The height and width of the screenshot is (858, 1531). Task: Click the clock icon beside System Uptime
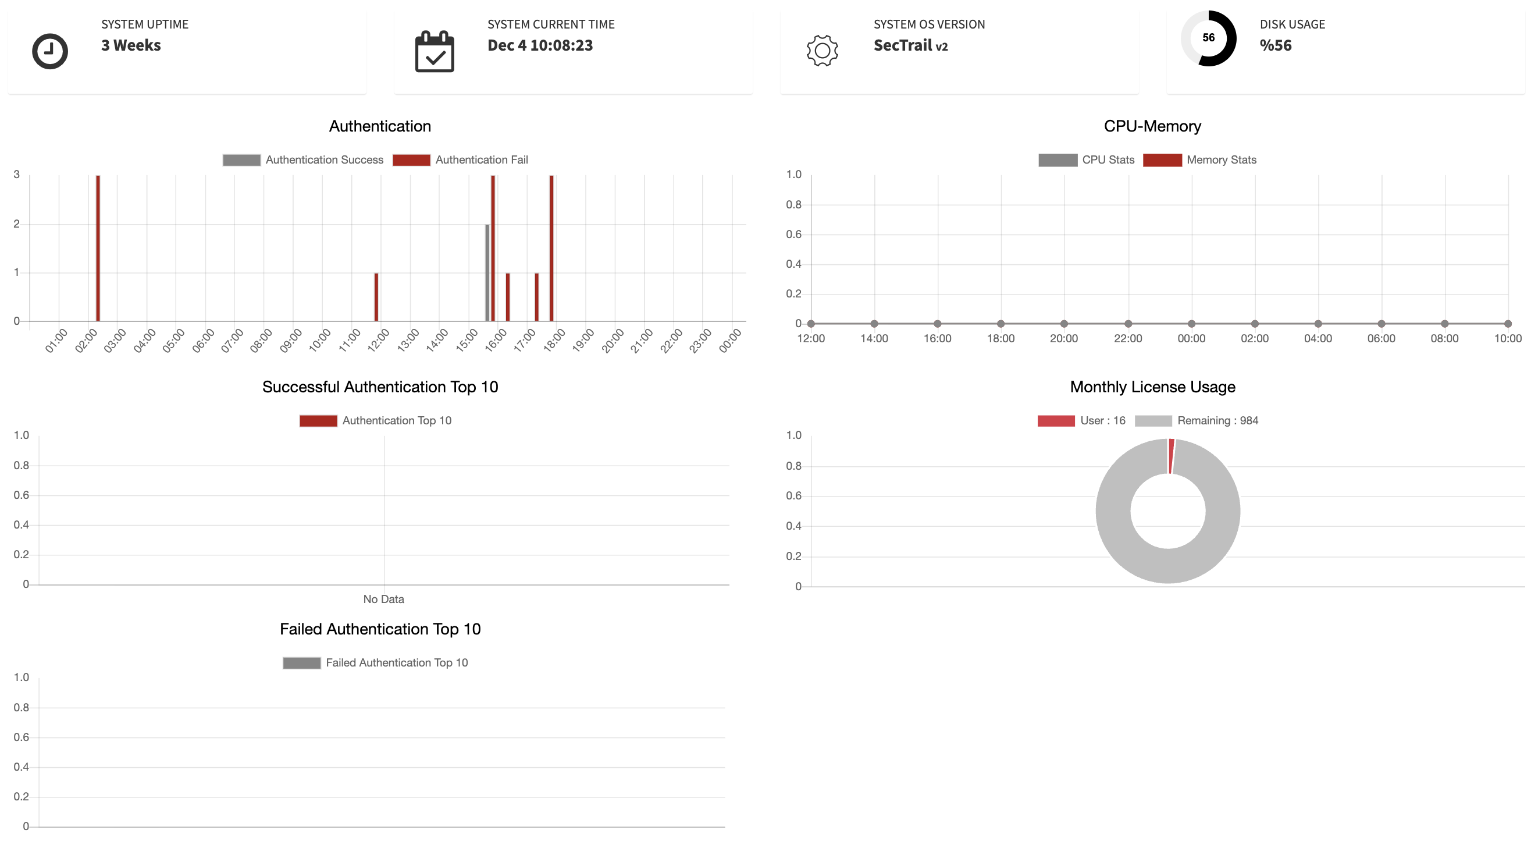[50, 51]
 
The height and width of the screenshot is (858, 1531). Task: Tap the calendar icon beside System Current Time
[435, 52]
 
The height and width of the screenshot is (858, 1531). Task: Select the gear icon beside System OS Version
[822, 51]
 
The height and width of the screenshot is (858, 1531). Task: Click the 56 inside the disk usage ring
[1208, 37]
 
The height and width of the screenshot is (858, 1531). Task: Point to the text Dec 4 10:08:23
[540, 45]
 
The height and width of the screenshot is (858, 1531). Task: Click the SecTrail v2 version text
[910, 45]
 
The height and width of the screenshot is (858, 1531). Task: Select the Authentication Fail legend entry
[461, 160]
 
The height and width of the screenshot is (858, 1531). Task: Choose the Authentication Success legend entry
[303, 160]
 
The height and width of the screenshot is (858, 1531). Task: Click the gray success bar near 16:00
[487, 272]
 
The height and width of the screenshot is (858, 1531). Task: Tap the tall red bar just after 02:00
[98, 249]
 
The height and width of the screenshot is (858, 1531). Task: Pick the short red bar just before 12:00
[376, 297]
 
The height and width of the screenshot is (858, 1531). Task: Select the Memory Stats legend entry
[1199, 160]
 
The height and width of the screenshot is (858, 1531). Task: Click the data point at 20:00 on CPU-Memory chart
[1064, 324]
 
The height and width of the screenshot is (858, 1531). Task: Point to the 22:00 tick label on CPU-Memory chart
[1127, 338]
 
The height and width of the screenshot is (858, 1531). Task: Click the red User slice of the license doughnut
[1171, 456]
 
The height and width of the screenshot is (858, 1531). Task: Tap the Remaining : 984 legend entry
[1197, 420]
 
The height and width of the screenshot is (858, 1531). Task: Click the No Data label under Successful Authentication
[383, 599]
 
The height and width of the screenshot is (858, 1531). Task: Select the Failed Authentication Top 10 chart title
[380, 629]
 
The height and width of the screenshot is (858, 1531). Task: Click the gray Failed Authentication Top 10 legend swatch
[301, 662]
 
